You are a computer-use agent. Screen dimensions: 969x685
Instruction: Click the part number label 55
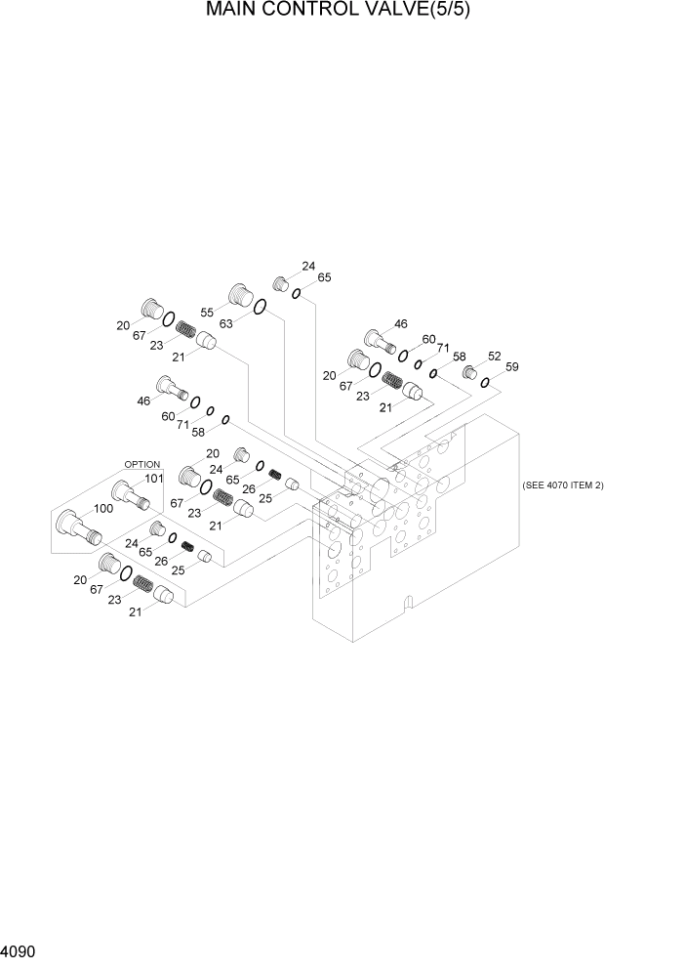click(207, 312)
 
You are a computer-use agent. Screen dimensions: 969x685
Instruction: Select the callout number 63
click(224, 323)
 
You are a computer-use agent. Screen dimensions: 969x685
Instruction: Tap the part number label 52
click(494, 357)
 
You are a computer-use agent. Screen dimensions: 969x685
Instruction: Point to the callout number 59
click(512, 367)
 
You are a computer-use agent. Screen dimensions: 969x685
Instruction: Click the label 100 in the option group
click(102, 508)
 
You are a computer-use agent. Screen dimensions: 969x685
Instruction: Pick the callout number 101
click(153, 478)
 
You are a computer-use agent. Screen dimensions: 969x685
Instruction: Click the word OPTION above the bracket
click(141, 464)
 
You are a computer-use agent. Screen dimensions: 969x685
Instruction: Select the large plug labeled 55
click(240, 294)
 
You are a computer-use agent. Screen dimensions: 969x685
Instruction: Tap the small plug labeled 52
click(469, 372)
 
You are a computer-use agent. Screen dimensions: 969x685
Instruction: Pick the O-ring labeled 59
click(485, 382)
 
